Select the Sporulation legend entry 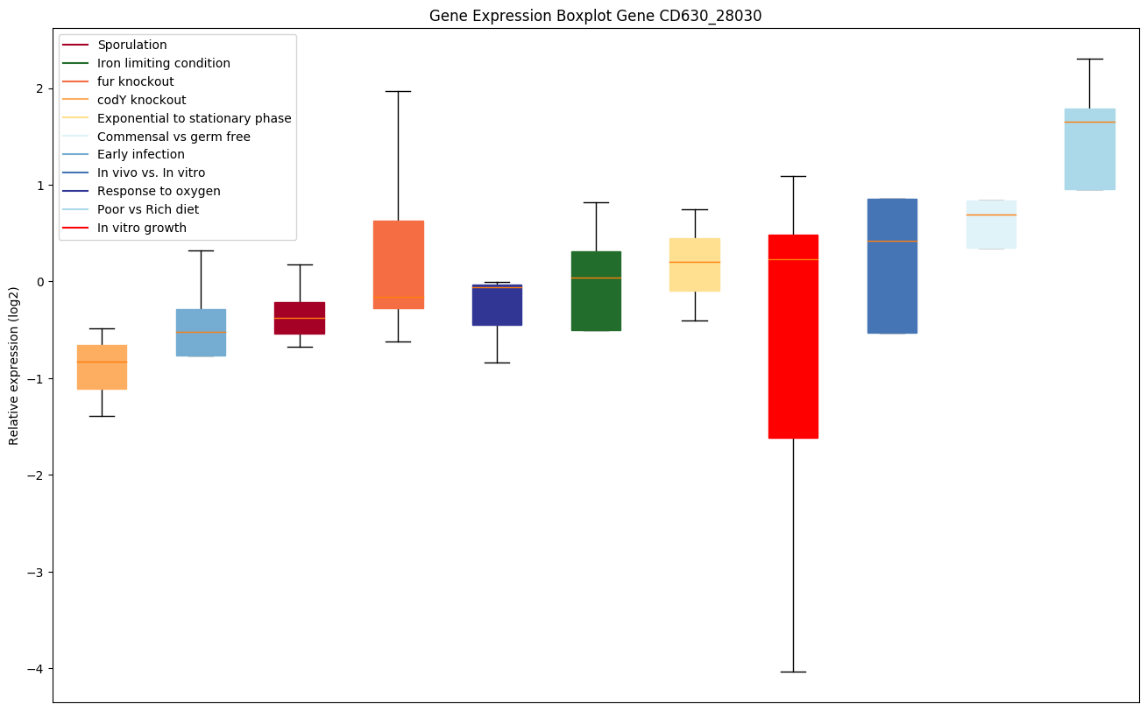132,45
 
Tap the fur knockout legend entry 136,81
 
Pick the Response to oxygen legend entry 159,191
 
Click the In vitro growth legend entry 142,228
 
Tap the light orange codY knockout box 102,367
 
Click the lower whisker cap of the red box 793,672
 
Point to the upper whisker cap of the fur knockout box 398,91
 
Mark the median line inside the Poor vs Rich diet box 1089,122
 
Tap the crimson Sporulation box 300,318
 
